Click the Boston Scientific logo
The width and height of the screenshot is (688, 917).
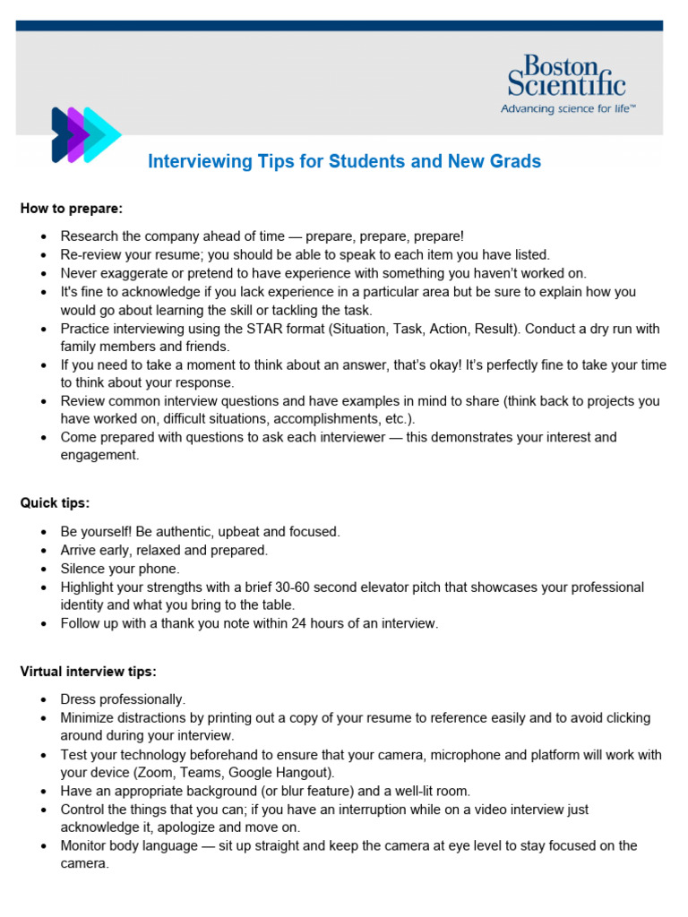click(566, 76)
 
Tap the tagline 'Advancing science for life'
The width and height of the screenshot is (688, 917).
click(568, 108)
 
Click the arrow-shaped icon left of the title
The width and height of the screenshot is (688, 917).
click(85, 134)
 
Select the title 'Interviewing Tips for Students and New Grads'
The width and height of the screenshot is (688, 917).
click(344, 162)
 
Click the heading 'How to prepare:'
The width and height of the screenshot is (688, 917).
click(71, 209)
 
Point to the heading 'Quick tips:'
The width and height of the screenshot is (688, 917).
click(55, 503)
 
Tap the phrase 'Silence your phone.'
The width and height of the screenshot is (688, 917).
click(120, 569)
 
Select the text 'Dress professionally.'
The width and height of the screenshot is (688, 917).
click(123, 698)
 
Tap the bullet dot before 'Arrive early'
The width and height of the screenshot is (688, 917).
click(43, 551)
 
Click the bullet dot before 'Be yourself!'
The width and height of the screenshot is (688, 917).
click(43, 532)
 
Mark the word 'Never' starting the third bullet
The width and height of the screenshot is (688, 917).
click(78, 273)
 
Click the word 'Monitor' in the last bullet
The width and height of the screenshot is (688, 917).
click(86, 845)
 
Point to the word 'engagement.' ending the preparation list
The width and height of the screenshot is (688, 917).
click(99, 455)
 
